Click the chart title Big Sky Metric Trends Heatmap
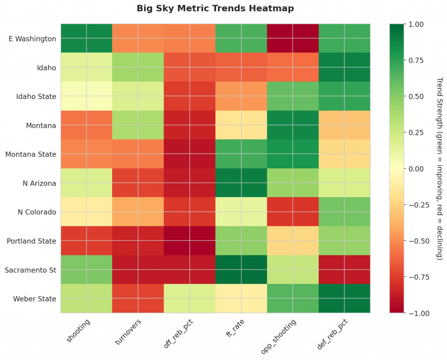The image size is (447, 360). click(215, 8)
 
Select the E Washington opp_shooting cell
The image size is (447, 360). click(293, 39)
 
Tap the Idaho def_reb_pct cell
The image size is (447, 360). click(344, 68)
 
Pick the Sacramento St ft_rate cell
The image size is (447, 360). click(241, 270)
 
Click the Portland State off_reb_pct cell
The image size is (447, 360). click(189, 241)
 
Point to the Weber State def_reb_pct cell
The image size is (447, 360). click(344, 299)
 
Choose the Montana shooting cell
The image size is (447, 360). click(86, 126)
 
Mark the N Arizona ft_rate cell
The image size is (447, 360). click(241, 183)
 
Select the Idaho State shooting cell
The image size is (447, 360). click(86, 96)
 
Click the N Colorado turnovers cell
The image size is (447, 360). click(138, 212)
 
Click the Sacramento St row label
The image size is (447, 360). click(30, 270)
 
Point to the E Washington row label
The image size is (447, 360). click(32, 39)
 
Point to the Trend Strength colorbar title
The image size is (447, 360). click(440, 169)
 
